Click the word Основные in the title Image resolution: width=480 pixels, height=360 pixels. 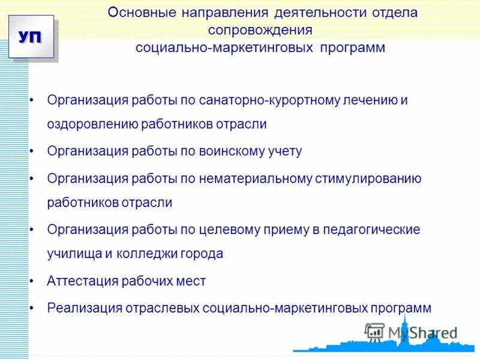136,13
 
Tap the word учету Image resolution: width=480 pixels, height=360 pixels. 283,151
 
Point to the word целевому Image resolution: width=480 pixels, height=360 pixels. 232,229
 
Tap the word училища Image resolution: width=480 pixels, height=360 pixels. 74,253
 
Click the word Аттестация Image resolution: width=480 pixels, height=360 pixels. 80,281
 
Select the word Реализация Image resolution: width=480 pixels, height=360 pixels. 84,308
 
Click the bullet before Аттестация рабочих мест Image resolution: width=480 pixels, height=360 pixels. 32,281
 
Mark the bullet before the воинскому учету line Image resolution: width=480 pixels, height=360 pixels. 32,151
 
